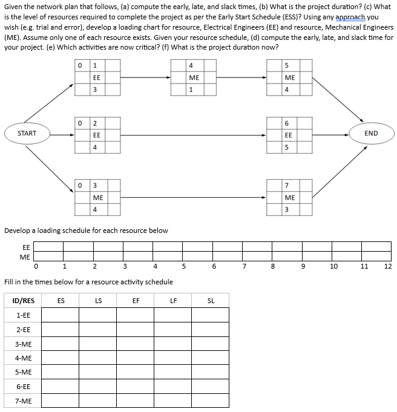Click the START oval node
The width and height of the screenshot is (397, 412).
pyautogui.click(x=27, y=133)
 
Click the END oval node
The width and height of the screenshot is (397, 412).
pyautogui.click(x=371, y=133)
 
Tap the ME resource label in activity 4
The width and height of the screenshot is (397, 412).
pyautogui.click(x=194, y=77)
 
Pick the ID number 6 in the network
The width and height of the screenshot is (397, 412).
pyautogui.click(x=289, y=123)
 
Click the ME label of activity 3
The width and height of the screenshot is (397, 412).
pyautogui.click(x=97, y=197)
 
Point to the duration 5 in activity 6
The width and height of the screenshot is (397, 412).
pyautogui.click(x=289, y=148)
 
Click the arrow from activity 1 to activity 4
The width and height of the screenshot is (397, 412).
pyautogui.click(x=145, y=77)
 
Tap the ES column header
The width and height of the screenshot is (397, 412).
pyautogui.click(x=61, y=300)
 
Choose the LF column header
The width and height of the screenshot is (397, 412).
pyautogui.click(x=173, y=300)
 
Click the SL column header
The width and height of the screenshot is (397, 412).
pyautogui.click(x=211, y=300)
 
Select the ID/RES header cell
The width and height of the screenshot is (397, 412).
pyautogui.click(x=24, y=300)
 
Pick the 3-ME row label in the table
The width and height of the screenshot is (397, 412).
pyautogui.click(x=24, y=344)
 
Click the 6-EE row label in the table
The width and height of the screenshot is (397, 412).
pyautogui.click(x=24, y=385)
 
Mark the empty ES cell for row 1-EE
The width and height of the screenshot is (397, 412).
pyautogui.click(x=61, y=315)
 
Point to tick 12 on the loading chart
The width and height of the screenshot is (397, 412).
pyautogui.click(x=388, y=266)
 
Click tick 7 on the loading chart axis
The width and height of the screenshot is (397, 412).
pyautogui.click(x=244, y=266)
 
